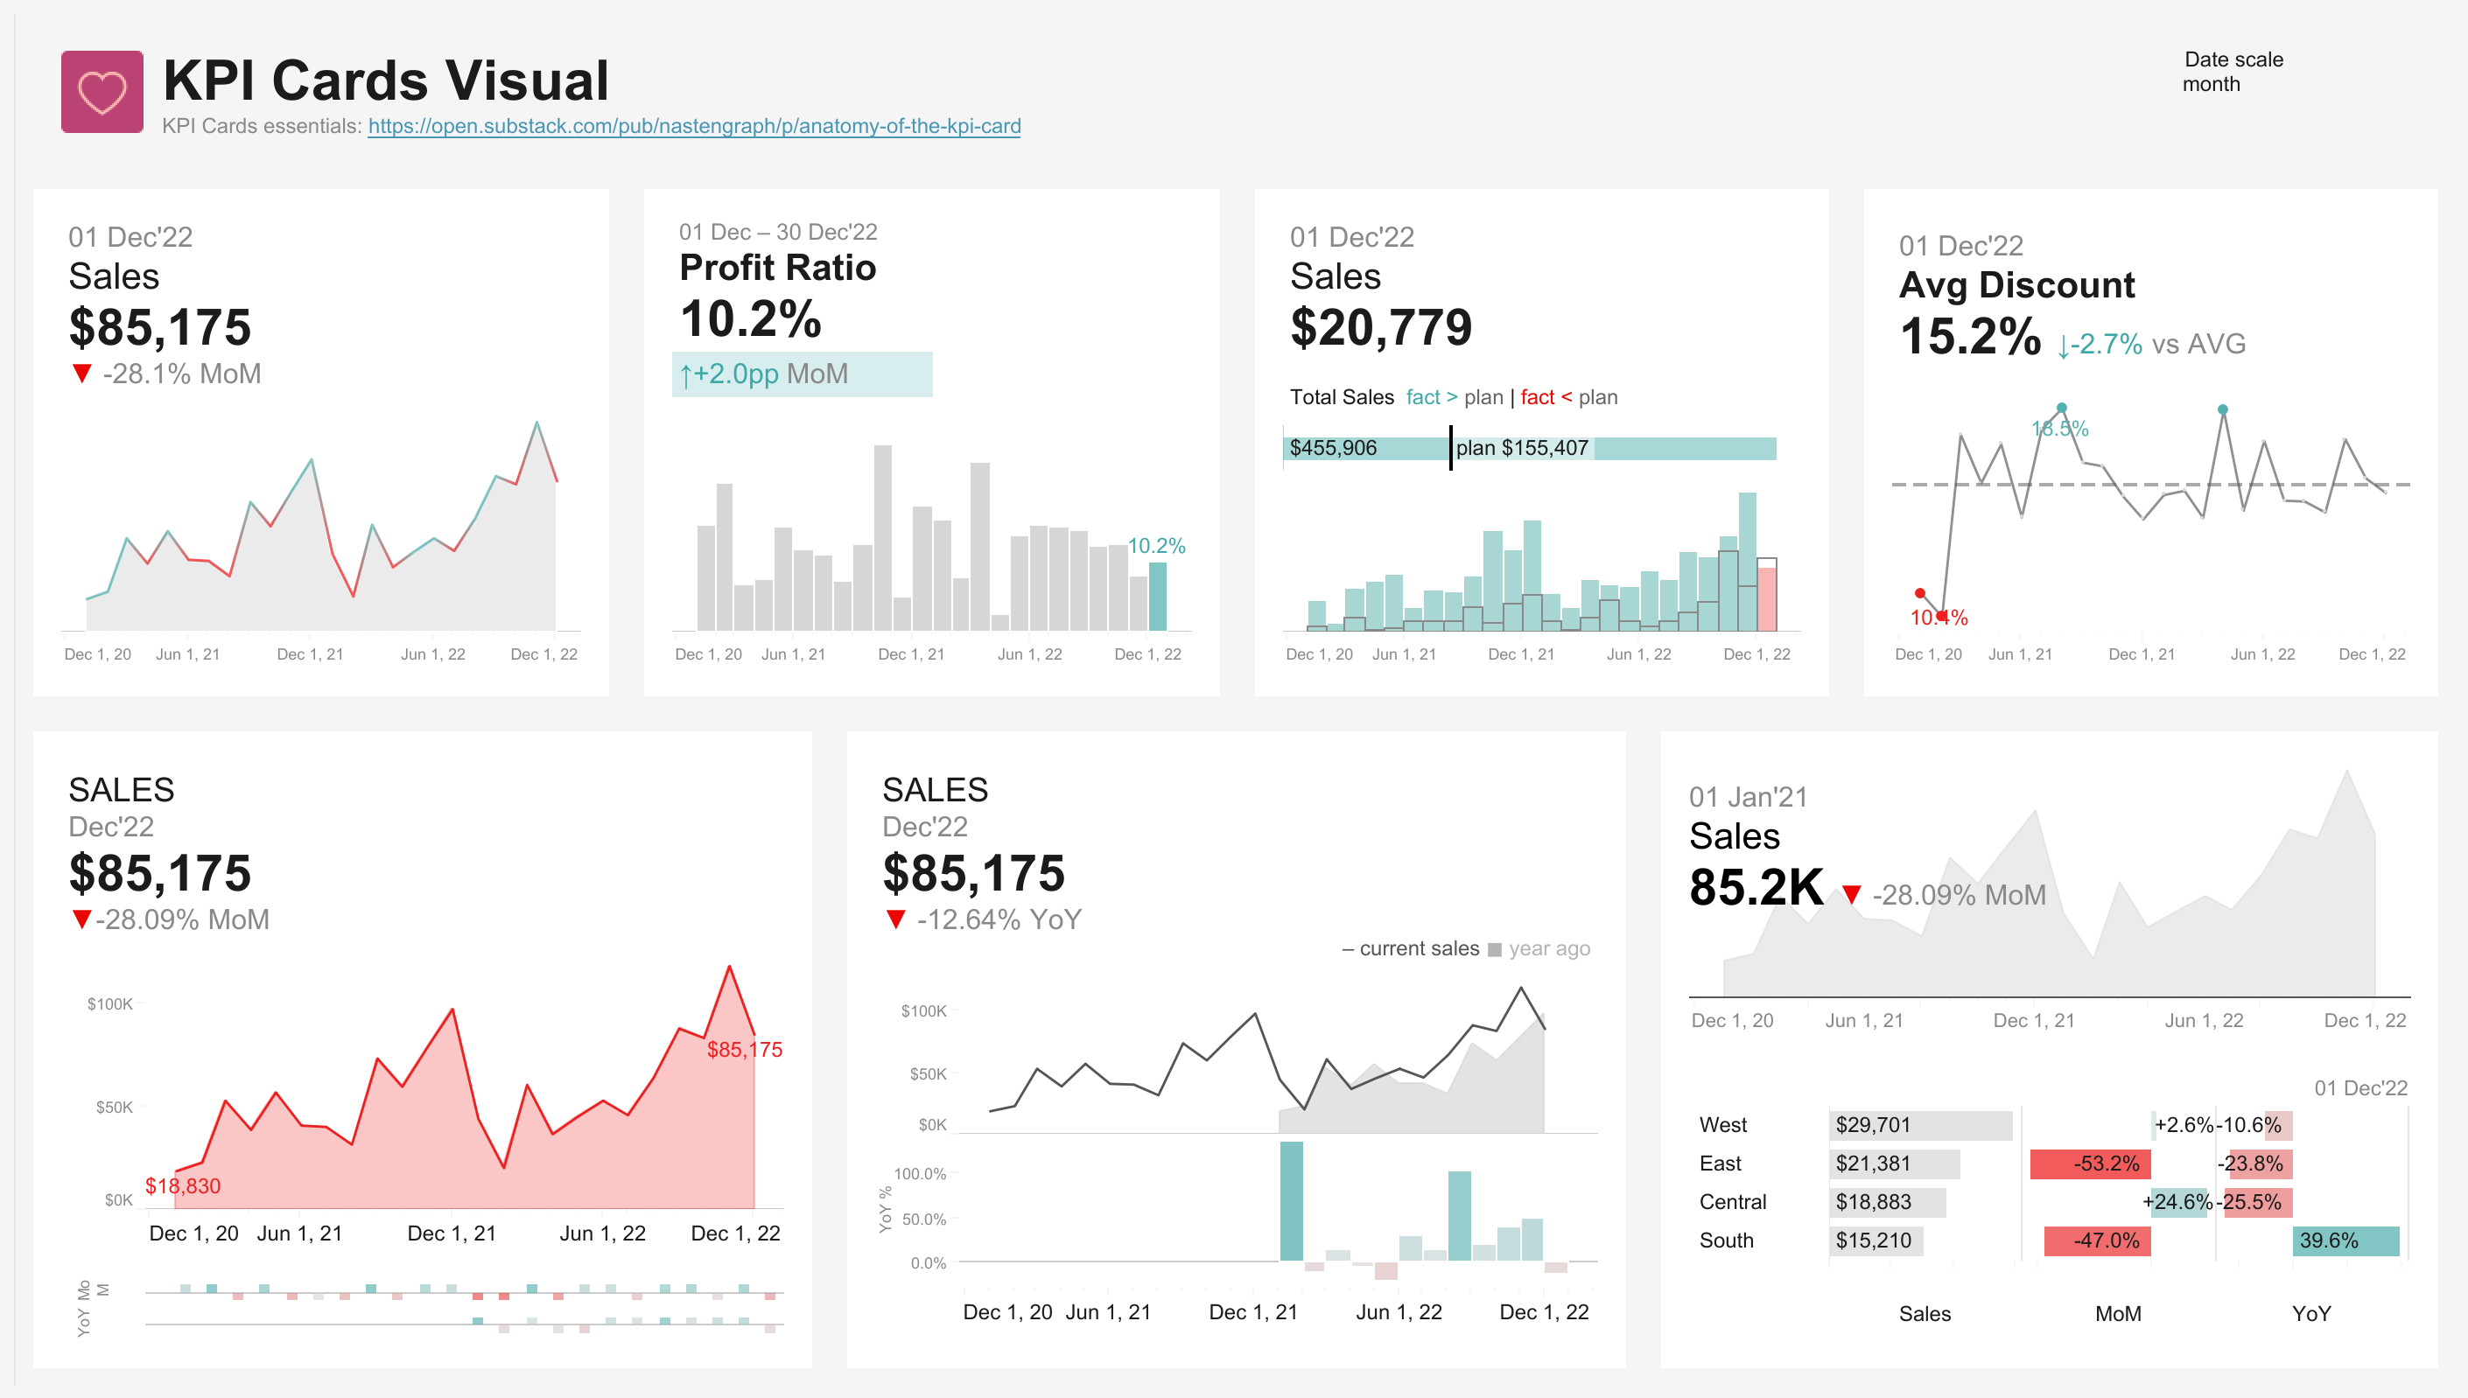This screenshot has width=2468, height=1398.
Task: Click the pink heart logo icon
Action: click(102, 92)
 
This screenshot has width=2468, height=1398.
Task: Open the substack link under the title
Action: click(693, 126)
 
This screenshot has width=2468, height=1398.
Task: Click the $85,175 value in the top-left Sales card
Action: click(159, 327)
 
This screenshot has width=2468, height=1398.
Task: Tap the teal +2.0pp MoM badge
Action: click(801, 374)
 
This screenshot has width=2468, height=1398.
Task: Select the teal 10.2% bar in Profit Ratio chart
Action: click(1158, 597)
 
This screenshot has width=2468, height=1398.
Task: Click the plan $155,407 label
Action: click(1521, 449)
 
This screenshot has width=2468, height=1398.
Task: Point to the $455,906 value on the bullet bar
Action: click(1333, 449)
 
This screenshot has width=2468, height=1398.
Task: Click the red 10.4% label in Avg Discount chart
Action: click(1938, 619)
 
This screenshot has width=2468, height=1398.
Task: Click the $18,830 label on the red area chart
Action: click(182, 1185)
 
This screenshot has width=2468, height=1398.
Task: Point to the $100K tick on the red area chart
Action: click(109, 1004)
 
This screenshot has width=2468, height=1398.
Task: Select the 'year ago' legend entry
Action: click(1547, 948)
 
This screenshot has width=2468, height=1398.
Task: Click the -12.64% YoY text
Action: click(998, 919)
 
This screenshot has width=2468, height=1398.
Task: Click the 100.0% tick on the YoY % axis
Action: click(919, 1173)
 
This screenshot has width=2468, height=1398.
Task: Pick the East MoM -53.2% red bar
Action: click(2090, 1164)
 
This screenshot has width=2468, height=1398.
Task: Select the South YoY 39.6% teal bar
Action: click(2345, 1241)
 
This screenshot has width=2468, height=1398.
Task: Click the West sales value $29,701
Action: click(1873, 1125)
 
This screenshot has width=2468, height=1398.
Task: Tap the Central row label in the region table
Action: click(1732, 1202)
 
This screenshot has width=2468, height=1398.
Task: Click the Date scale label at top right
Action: click(2233, 59)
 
